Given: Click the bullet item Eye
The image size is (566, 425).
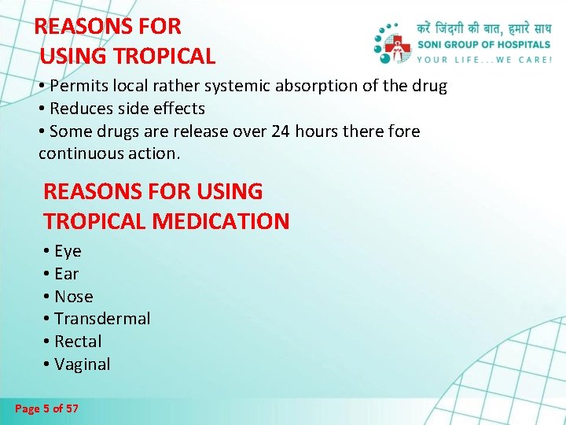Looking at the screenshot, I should pyautogui.click(x=68, y=251).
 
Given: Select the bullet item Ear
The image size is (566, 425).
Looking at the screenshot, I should pyautogui.click(x=67, y=274).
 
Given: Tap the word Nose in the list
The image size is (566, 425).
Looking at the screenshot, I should pyautogui.click(x=74, y=297).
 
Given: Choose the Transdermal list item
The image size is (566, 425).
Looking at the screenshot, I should pyautogui.click(x=102, y=319).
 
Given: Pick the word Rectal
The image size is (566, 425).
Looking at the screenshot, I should pyautogui.click(x=78, y=342).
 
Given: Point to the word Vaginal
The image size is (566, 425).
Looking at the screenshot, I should pyautogui.click(x=82, y=364).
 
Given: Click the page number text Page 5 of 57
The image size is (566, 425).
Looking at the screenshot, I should pyautogui.click(x=46, y=409).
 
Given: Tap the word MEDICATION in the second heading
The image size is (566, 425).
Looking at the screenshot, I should pyautogui.click(x=221, y=221).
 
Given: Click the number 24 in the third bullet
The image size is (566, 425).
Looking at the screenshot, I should pyautogui.click(x=280, y=131).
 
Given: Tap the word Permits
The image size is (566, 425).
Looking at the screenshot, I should pyautogui.click(x=79, y=86).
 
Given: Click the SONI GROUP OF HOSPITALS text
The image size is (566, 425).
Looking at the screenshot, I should pyautogui.click(x=484, y=45).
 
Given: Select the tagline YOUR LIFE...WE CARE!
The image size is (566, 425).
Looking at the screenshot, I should pyautogui.click(x=484, y=59).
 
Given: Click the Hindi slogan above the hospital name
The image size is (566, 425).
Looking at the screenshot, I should pyautogui.click(x=484, y=30).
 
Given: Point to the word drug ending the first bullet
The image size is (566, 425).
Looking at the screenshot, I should pyautogui.click(x=429, y=86).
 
